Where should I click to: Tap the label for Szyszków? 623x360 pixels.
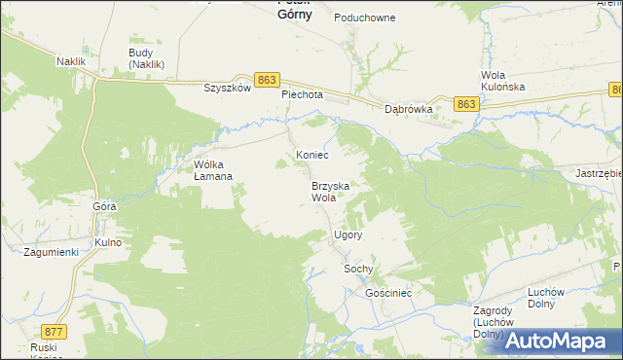tap(227, 87)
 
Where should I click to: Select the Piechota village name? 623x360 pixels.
tap(302, 95)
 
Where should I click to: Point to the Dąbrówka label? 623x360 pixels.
tap(408, 110)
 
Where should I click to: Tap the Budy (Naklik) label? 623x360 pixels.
tap(147, 58)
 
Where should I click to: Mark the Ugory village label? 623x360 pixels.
tap(348, 235)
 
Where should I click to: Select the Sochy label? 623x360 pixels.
tap(359, 269)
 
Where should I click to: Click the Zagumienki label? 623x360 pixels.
tap(50, 252)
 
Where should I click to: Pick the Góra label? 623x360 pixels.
tap(104, 207)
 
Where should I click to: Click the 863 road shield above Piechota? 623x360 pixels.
tap(269, 79)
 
